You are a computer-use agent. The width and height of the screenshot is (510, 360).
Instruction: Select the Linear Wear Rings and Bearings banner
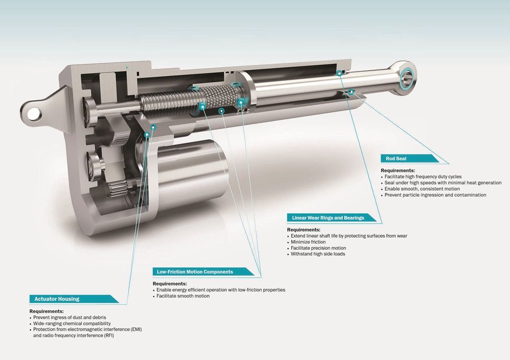331,218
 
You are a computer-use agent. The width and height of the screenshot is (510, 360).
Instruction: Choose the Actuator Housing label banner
74,299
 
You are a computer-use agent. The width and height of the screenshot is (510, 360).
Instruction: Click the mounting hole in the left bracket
33,114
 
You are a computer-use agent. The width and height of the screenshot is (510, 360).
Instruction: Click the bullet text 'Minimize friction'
308,242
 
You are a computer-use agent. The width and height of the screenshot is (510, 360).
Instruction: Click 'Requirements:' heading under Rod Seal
398,170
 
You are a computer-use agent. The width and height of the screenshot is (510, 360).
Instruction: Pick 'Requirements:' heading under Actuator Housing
46,311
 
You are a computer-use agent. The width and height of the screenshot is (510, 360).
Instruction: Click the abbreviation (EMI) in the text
136,329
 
